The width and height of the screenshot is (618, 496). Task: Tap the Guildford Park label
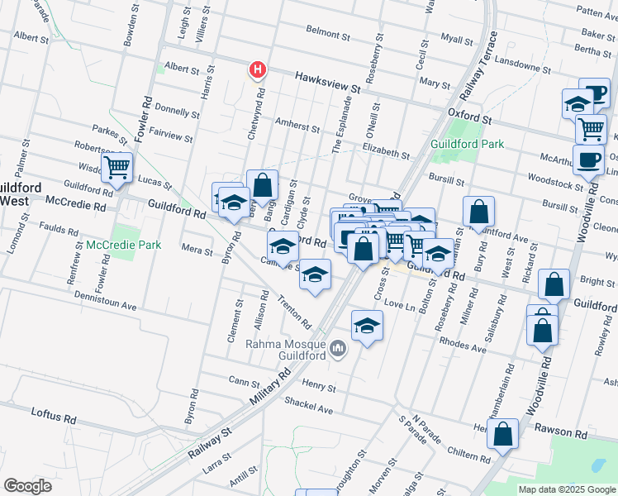coord(467,143)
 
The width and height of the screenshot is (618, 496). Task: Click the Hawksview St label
coord(328,81)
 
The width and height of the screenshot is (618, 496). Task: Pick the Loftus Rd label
coord(52,414)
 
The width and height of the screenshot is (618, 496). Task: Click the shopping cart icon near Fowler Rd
coord(117,168)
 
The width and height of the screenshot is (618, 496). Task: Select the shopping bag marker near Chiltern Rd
coord(502,433)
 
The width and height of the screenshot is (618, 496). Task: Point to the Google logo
coord(27,486)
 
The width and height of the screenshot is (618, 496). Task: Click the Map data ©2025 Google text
coord(566,489)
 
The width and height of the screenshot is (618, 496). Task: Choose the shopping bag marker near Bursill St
coord(478,212)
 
